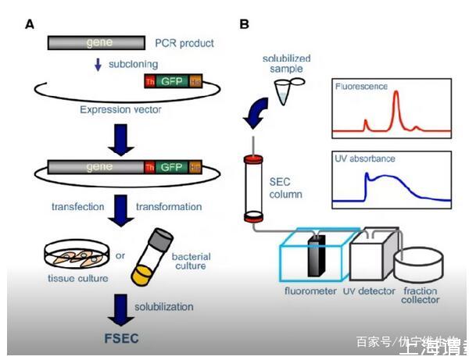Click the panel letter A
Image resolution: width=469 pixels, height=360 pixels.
pyautogui.click(x=29, y=24)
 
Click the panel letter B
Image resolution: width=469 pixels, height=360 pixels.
pyautogui.click(x=245, y=24)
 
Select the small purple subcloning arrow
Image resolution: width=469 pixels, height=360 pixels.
pyautogui.click(x=98, y=66)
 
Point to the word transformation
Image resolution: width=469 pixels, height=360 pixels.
pyautogui.click(x=169, y=207)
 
